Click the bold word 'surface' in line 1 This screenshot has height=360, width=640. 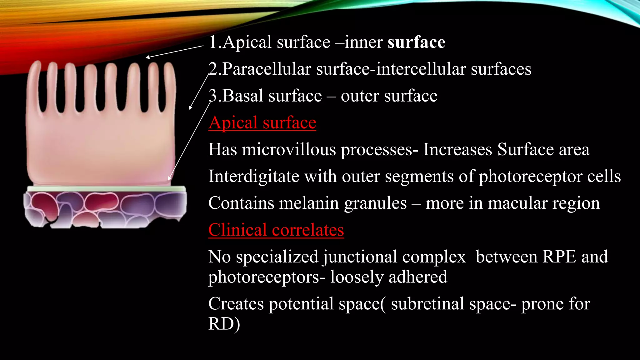pos(416,42)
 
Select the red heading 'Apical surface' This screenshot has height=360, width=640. pos(262,122)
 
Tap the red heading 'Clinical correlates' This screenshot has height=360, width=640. pos(276,230)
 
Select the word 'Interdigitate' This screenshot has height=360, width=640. pos(254,176)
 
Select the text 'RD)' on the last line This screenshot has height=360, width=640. pos(224,324)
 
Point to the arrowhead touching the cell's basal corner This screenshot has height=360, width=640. pos(169,179)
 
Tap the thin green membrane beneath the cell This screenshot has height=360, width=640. pos(106,189)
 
